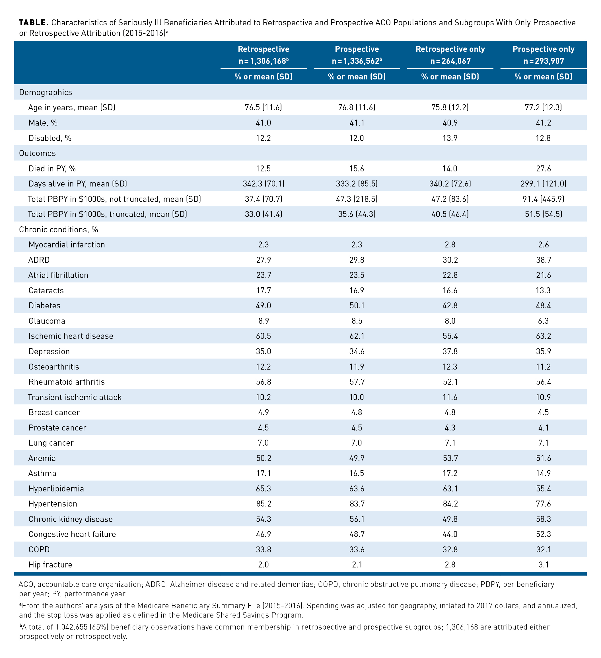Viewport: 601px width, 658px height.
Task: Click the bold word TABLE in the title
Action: pos(34,22)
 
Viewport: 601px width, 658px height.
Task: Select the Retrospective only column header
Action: pos(450,49)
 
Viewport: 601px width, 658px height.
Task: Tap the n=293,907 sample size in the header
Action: pos(544,61)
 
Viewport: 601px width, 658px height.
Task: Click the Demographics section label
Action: pos(45,92)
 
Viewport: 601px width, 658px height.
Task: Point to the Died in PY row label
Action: pos(52,169)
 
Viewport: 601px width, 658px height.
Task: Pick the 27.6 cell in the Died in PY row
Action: pos(543,169)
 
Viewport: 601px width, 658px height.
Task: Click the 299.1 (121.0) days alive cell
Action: pos(543,184)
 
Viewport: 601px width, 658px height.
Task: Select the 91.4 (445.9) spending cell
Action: pos(543,199)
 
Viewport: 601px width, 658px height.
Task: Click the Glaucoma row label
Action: pos(47,321)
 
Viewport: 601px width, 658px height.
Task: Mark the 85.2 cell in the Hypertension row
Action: pos(263,504)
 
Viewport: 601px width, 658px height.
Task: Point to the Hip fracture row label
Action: pos(50,565)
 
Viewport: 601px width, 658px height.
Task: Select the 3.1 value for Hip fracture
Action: pos(543,565)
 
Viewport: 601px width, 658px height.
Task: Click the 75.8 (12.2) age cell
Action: pos(450,108)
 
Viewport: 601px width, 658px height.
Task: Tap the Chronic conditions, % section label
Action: pos(58,230)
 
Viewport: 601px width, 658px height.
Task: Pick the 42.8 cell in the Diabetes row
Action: pos(450,306)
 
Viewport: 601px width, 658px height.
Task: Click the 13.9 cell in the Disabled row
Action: pos(450,138)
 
